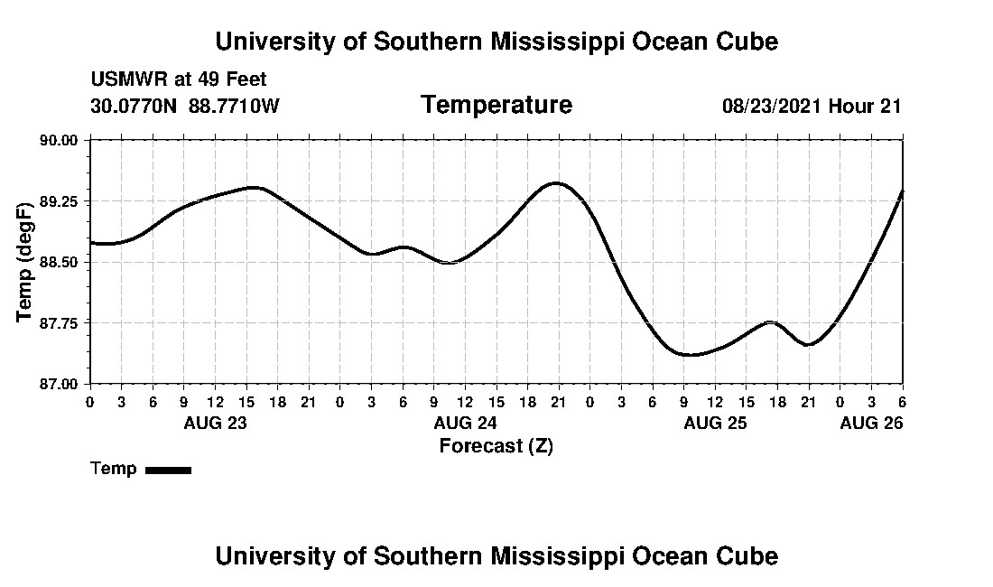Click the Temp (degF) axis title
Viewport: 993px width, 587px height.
tap(26, 262)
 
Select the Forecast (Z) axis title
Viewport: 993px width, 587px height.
tap(496, 446)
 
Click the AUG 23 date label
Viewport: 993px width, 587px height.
tap(216, 423)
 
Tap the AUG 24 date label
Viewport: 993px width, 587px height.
tap(466, 423)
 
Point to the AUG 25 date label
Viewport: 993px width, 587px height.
tap(716, 423)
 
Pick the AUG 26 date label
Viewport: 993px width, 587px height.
tap(872, 423)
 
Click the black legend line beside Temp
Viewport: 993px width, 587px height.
tap(168, 470)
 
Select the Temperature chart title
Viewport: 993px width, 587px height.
tap(496, 105)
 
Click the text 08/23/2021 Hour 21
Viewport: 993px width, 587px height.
tap(812, 106)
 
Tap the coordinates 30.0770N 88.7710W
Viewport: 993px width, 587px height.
tap(186, 106)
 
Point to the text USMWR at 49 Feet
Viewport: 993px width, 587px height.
tap(179, 79)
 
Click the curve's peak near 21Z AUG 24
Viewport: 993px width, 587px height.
tap(556, 182)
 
